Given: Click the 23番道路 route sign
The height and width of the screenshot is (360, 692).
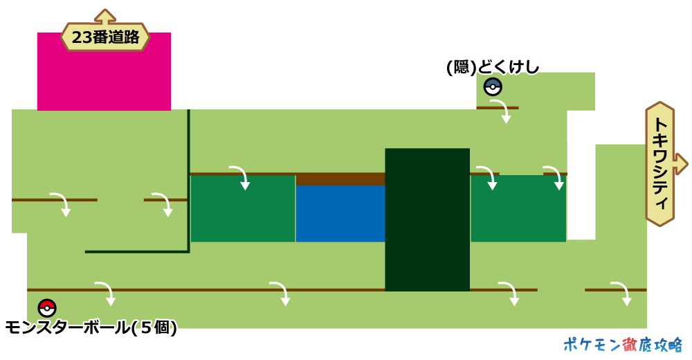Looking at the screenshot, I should pyautogui.click(x=105, y=37).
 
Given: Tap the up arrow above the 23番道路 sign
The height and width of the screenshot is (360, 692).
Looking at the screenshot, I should pyautogui.click(x=105, y=15).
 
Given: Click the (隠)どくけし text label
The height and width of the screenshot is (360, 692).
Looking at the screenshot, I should pyautogui.click(x=493, y=67).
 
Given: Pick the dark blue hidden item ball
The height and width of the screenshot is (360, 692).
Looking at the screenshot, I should pyautogui.click(x=493, y=87).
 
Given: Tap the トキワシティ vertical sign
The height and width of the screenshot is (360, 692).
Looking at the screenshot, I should pyautogui.click(x=660, y=164).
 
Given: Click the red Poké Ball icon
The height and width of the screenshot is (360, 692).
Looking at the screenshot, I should pyautogui.click(x=47, y=308).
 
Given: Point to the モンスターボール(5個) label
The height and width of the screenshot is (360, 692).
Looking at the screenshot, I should pyautogui.click(x=91, y=327).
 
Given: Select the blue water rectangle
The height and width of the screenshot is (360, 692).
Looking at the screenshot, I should pyautogui.click(x=340, y=213).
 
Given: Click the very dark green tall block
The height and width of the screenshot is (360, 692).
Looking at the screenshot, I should pyautogui.click(x=427, y=219).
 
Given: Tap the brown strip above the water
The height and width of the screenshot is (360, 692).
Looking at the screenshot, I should pyautogui.click(x=340, y=179).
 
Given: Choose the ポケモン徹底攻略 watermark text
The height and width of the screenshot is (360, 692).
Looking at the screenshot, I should pyautogui.click(x=622, y=345).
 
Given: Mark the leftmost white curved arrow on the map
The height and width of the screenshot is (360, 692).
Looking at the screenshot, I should pyautogui.click(x=62, y=204).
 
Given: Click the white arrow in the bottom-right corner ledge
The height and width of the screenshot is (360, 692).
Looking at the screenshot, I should pyautogui.click(x=622, y=293).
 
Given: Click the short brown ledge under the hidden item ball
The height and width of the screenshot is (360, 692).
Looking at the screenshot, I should pyautogui.click(x=497, y=107).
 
